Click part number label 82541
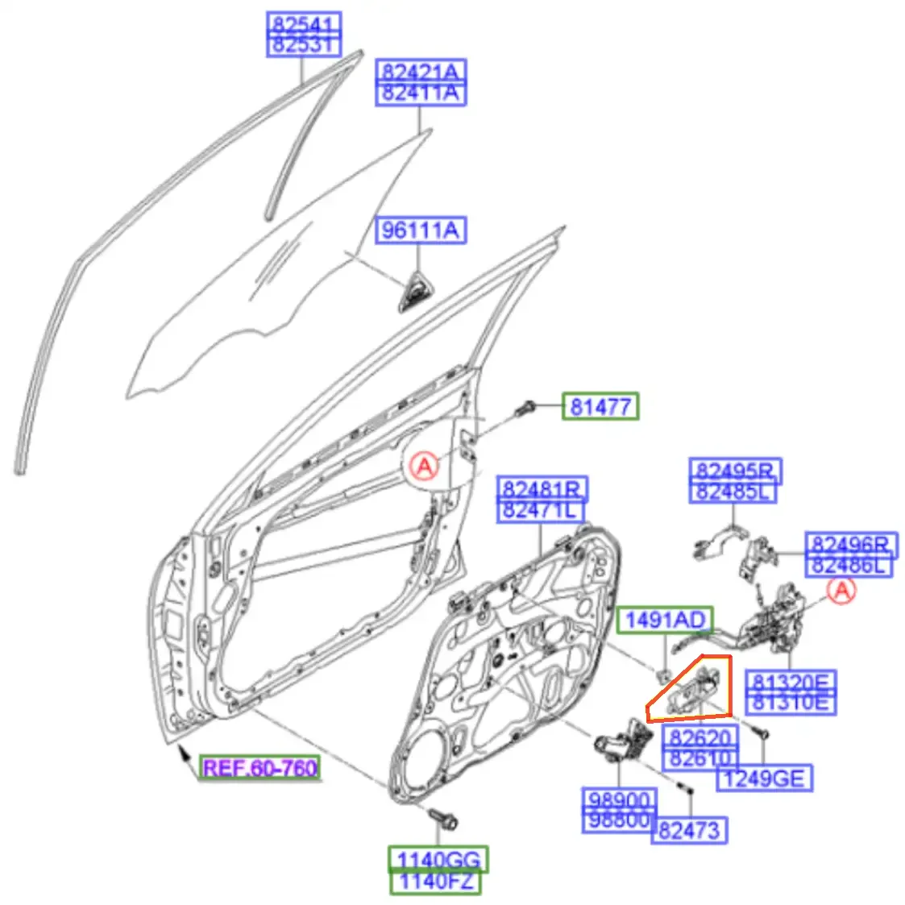pyautogui.click(x=304, y=23)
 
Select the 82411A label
pyautogui.click(x=421, y=93)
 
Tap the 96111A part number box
pyautogui.click(x=420, y=230)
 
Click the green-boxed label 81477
pyautogui.click(x=601, y=406)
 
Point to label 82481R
pyautogui.click(x=542, y=489)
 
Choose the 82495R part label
pyautogui.click(x=735, y=471)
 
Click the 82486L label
pyautogui.click(x=849, y=565)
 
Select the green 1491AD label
pyautogui.click(x=665, y=620)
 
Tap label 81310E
pyautogui.click(x=791, y=703)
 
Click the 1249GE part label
pyautogui.click(x=764, y=778)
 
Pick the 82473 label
pyautogui.click(x=689, y=831)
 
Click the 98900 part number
pyautogui.click(x=619, y=799)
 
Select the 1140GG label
pyautogui.click(x=438, y=859)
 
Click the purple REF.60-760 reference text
pyautogui.click(x=259, y=768)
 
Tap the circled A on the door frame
pyautogui.click(x=424, y=465)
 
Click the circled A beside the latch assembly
pyautogui.click(x=841, y=590)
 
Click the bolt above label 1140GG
pyautogui.click(x=443, y=819)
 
